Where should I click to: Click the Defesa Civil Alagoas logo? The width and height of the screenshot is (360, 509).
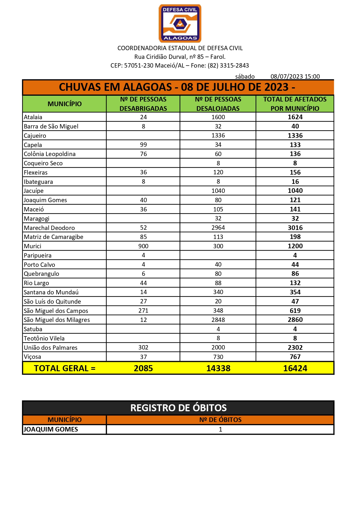(180, 23)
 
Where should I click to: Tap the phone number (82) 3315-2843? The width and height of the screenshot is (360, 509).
(228, 66)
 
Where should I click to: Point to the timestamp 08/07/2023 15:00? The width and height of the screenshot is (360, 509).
(295, 77)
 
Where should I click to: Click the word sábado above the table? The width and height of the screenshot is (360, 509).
(245, 77)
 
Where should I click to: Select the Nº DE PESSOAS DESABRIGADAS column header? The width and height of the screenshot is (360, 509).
(143, 104)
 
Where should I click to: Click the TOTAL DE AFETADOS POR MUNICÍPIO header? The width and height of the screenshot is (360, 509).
(295, 104)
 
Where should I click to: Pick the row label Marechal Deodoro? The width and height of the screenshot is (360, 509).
(49, 228)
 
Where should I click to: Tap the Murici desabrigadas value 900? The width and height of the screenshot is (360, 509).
(143, 246)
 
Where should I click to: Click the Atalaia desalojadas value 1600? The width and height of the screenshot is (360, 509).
(218, 117)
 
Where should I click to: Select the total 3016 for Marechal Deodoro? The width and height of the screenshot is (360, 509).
(295, 228)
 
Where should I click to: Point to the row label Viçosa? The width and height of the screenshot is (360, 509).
(32, 357)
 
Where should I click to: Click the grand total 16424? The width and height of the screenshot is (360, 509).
(295, 368)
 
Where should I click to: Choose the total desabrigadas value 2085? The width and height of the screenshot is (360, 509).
(143, 368)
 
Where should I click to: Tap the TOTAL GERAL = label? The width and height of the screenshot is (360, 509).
(65, 368)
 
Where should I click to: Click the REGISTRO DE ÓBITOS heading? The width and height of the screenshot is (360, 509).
(178, 408)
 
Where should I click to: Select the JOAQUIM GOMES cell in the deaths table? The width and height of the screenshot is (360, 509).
(51, 430)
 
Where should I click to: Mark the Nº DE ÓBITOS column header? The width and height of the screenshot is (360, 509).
(220, 420)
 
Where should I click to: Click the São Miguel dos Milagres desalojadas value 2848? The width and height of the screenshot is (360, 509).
(218, 320)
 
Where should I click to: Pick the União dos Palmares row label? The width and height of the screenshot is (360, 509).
(51, 348)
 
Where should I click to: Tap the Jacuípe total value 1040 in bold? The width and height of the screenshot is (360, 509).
(295, 191)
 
